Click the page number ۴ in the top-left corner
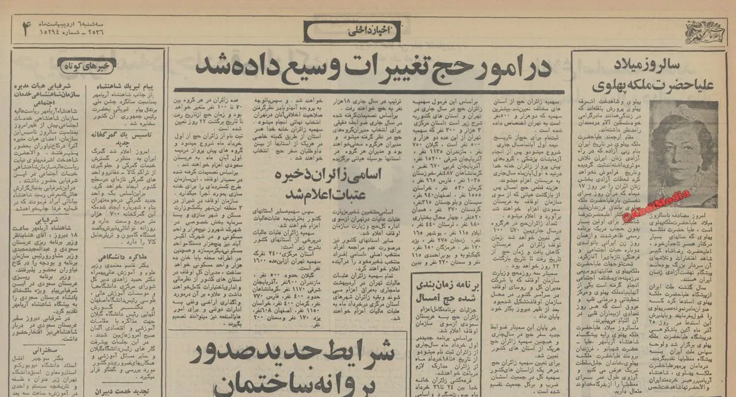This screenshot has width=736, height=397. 25,30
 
